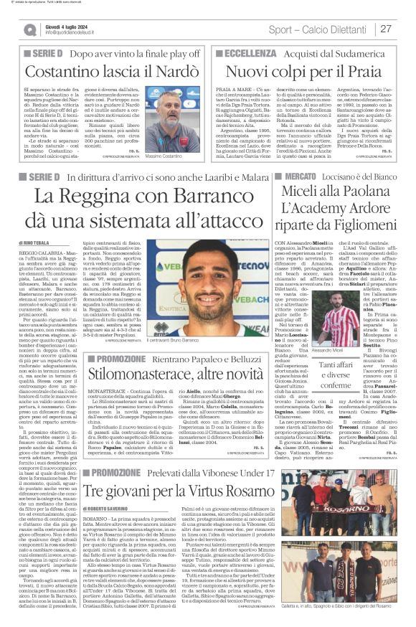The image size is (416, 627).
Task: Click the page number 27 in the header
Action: [385, 29]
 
